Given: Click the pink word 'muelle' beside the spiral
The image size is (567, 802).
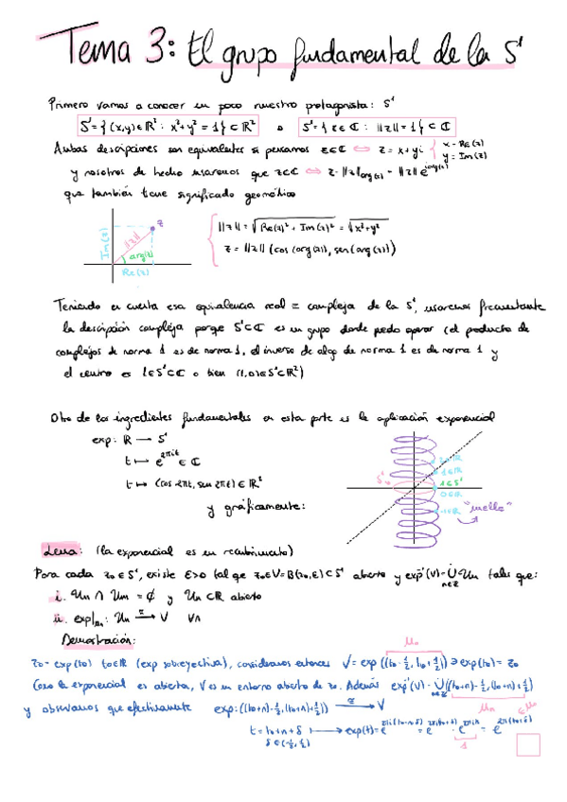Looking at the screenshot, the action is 491,504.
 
